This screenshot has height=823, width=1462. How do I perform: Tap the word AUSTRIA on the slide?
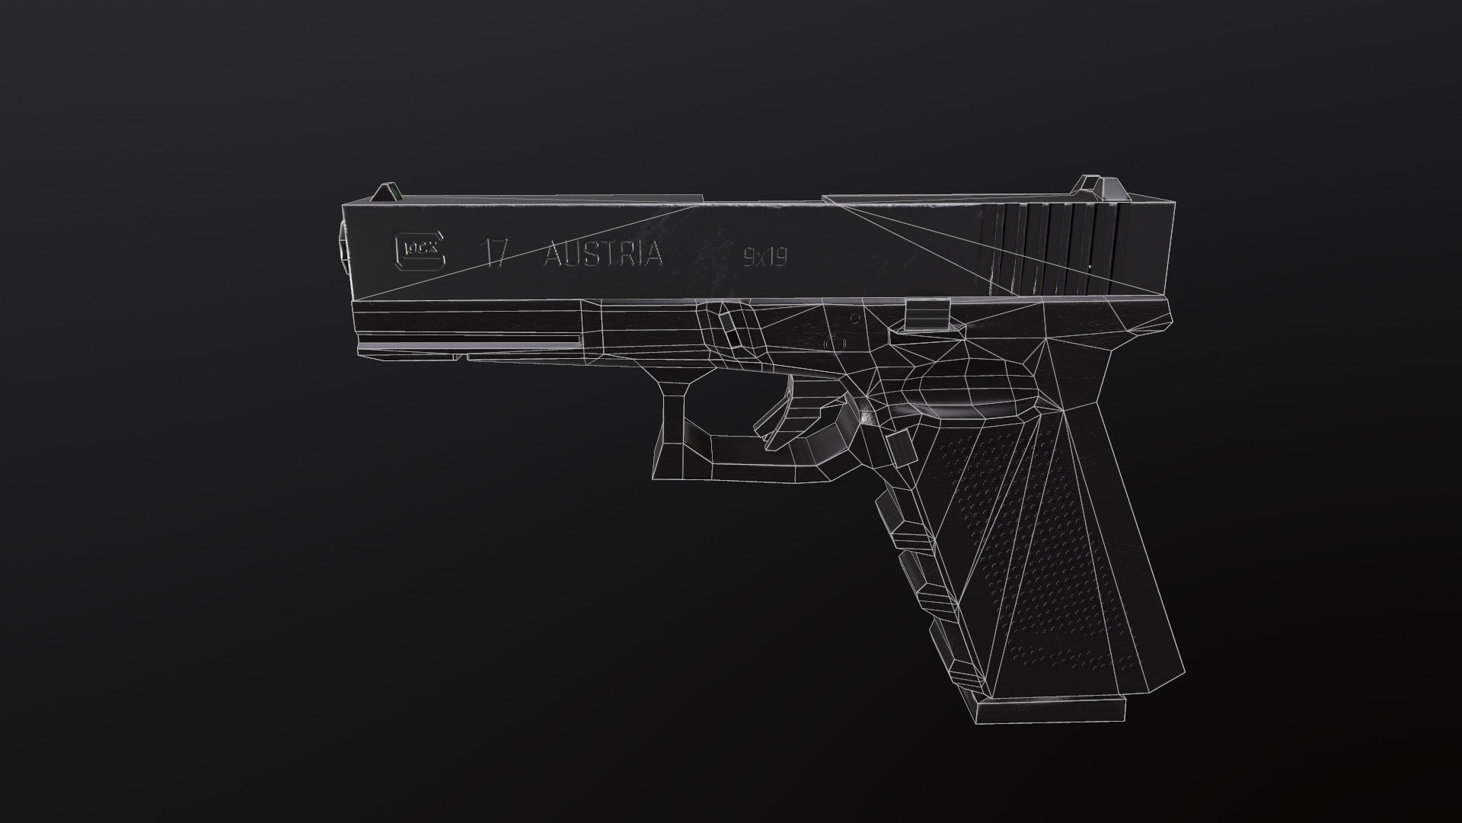pyautogui.click(x=602, y=254)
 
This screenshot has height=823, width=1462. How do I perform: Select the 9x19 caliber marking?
pyautogui.click(x=765, y=258)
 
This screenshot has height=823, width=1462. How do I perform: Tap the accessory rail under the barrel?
pyautogui.click(x=464, y=335)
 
